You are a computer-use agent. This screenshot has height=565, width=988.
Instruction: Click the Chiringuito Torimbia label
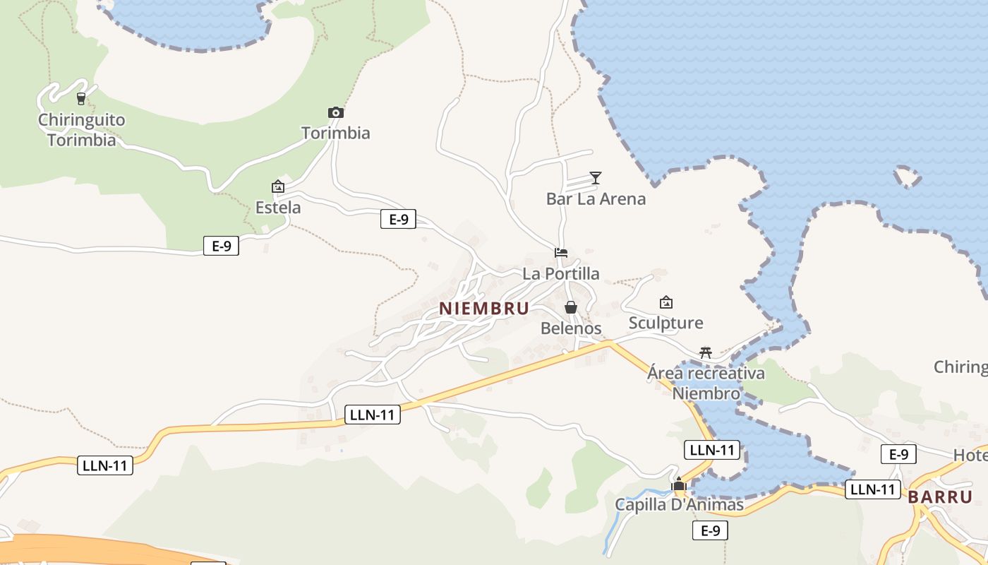click(x=81, y=130)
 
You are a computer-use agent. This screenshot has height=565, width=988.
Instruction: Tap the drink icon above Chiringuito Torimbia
click(x=81, y=98)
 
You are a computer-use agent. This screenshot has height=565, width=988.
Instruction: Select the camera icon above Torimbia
click(x=336, y=112)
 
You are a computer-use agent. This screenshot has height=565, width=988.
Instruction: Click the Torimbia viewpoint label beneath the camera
click(x=336, y=133)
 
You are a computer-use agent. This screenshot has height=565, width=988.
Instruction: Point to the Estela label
click(x=278, y=208)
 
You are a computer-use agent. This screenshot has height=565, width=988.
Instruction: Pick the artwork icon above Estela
click(x=278, y=186)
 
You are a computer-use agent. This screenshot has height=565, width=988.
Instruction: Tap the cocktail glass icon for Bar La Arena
click(x=596, y=178)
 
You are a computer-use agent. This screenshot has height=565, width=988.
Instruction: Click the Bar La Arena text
click(x=596, y=198)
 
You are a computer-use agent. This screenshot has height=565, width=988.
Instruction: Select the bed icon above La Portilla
click(x=561, y=253)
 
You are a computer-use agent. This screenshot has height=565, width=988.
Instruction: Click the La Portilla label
click(x=561, y=273)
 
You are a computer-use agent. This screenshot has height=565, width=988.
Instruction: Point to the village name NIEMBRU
click(x=484, y=309)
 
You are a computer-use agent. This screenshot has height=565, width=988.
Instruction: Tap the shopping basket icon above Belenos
click(x=571, y=307)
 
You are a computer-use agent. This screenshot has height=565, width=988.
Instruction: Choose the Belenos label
click(x=571, y=328)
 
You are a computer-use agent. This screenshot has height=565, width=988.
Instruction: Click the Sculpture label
click(x=665, y=323)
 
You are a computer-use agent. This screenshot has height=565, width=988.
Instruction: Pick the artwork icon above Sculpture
click(x=665, y=302)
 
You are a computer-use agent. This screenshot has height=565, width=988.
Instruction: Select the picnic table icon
click(x=705, y=352)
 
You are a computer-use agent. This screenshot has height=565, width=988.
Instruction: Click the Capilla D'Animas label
click(x=679, y=505)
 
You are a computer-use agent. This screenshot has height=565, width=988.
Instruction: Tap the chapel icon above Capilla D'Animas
click(x=679, y=484)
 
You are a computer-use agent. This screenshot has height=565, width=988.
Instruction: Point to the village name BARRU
click(x=940, y=496)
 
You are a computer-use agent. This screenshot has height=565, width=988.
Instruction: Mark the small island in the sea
click(x=908, y=177)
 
